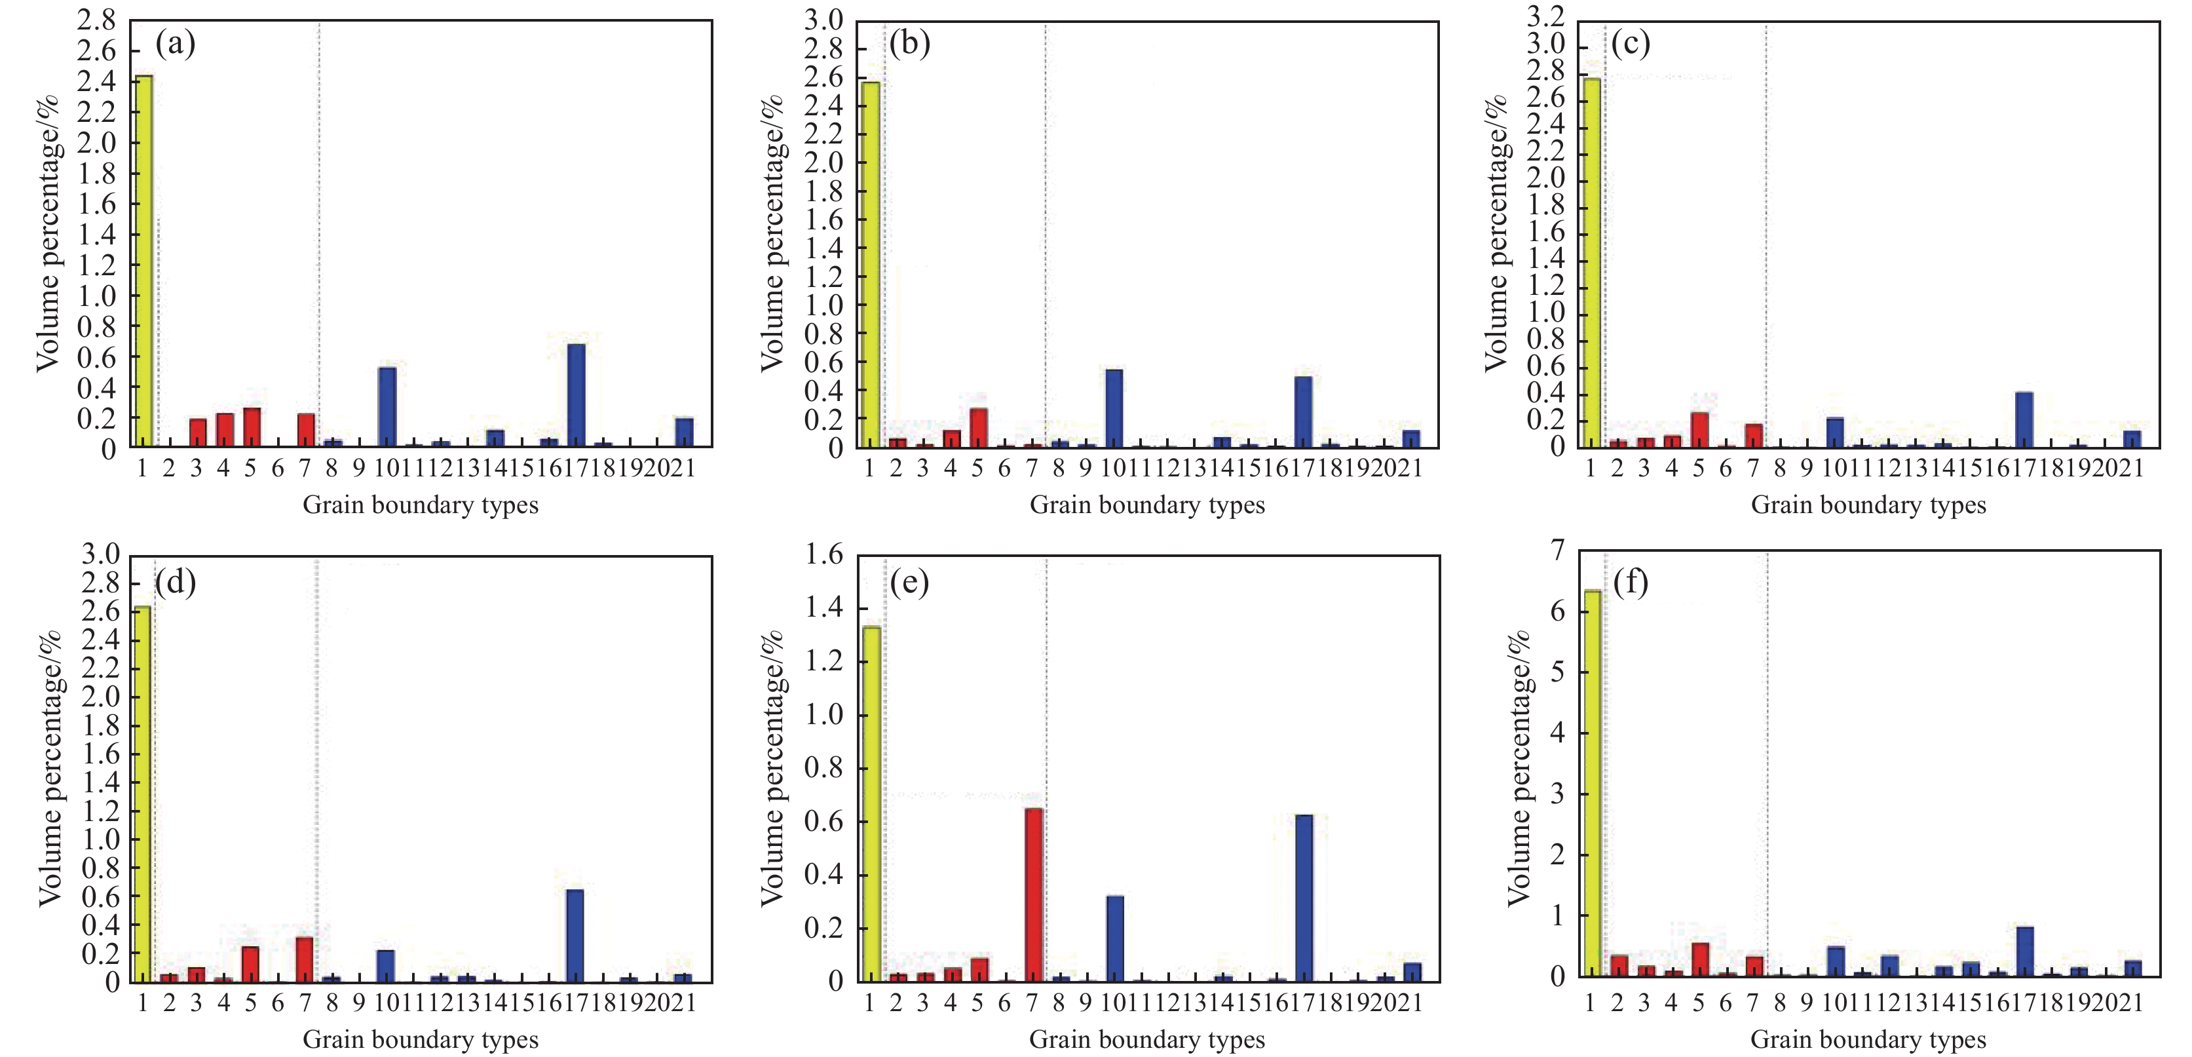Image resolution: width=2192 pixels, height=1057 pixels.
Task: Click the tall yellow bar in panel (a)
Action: (144, 261)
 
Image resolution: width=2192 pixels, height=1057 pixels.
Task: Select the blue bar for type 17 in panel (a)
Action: (576, 396)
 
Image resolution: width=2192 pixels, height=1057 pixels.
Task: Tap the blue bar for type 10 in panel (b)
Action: (1114, 408)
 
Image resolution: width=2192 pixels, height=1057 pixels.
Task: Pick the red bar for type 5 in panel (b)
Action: (979, 428)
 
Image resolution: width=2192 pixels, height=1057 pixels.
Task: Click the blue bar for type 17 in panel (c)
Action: (2024, 419)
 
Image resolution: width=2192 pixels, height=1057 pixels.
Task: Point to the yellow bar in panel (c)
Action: (1591, 263)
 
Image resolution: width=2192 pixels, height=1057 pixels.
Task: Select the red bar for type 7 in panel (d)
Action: (305, 960)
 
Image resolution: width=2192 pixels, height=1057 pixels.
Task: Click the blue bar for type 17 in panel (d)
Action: (575, 936)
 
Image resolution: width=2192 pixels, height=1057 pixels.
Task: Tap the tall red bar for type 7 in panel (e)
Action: (1033, 895)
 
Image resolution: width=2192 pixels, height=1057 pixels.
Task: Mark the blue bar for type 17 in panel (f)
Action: (2025, 951)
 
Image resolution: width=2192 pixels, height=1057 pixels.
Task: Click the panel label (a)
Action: (176, 43)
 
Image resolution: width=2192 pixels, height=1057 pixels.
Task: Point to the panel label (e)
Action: (910, 583)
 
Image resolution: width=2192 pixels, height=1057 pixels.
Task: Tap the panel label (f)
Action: (1631, 583)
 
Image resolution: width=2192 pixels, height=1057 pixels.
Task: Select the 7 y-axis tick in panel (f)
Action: (1557, 552)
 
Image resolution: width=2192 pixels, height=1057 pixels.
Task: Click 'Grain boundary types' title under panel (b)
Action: (1147, 505)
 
